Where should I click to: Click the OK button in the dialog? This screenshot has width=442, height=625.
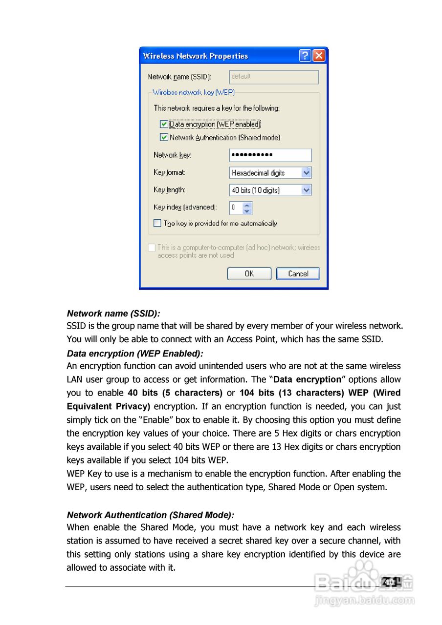[249, 273]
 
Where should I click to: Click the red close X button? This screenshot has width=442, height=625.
[319, 56]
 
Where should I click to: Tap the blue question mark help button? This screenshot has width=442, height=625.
[305, 56]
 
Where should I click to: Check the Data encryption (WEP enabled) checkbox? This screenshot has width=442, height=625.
[164, 124]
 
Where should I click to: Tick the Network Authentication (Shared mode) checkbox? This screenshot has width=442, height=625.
[164, 137]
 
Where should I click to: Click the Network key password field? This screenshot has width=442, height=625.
[270, 155]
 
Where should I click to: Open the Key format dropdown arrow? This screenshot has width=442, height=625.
[306, 172]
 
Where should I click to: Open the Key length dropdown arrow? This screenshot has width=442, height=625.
[306, 190]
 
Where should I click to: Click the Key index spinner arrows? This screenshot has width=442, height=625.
[247, 208]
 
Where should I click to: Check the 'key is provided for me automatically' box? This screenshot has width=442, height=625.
[157, 223]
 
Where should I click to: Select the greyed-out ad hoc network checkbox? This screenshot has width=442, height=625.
[152, 248]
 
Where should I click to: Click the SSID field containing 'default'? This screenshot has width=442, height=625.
[274, 77]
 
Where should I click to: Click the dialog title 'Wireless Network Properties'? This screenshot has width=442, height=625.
[196, 56]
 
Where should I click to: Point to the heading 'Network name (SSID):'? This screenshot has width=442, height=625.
[113, 313]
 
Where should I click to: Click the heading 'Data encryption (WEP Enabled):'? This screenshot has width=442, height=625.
[135, 354]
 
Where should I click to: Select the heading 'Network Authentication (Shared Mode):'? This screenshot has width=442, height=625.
[151, 515]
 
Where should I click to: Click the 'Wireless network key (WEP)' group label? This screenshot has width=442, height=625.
[194, 92]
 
